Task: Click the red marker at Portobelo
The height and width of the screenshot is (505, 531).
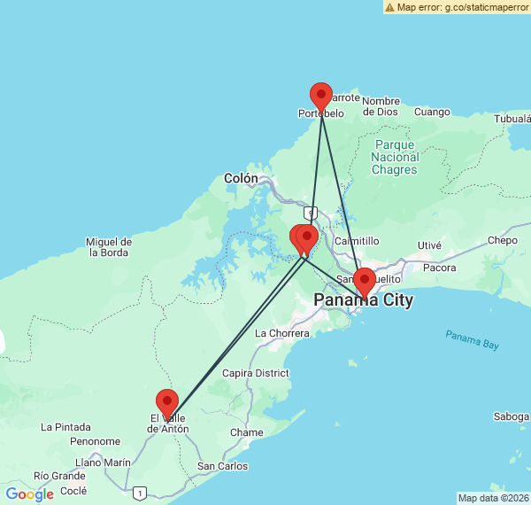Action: pos(321,96)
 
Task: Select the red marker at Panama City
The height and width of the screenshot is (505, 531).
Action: pos(364,281)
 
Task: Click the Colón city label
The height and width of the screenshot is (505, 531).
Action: pos(241,178)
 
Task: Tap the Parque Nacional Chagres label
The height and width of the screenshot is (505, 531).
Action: pos(394,157)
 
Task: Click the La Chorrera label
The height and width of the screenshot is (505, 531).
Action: pos(282,333)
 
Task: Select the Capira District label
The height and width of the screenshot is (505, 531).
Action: pos(256,373)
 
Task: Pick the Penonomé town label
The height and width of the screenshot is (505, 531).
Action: pos(95,441)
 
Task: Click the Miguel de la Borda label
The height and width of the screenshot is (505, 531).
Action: pos(109,247)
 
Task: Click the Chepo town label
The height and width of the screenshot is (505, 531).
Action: pos(502,240)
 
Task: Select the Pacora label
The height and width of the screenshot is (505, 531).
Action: pos(440,267)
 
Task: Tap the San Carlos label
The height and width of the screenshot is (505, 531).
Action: pos(222,466)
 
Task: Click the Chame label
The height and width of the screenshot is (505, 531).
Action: pos(246,432)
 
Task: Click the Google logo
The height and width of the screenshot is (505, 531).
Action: pos(29,494)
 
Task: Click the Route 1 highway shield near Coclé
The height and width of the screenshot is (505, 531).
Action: pos(139,493)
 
